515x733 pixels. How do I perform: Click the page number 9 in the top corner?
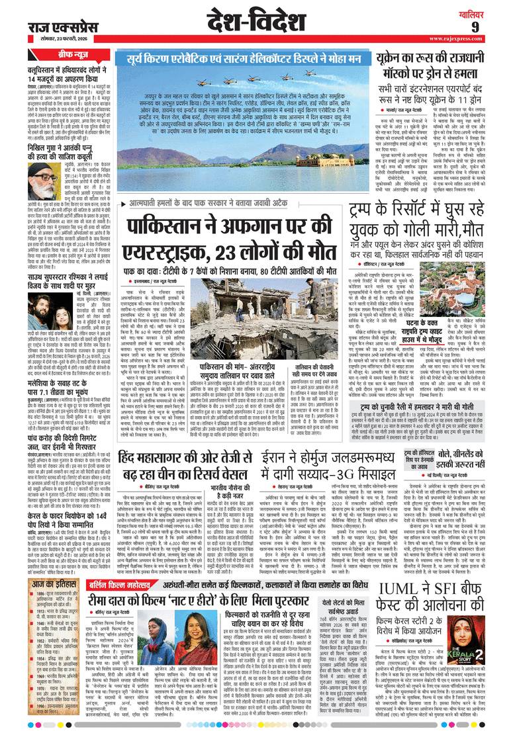(493, 26)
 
